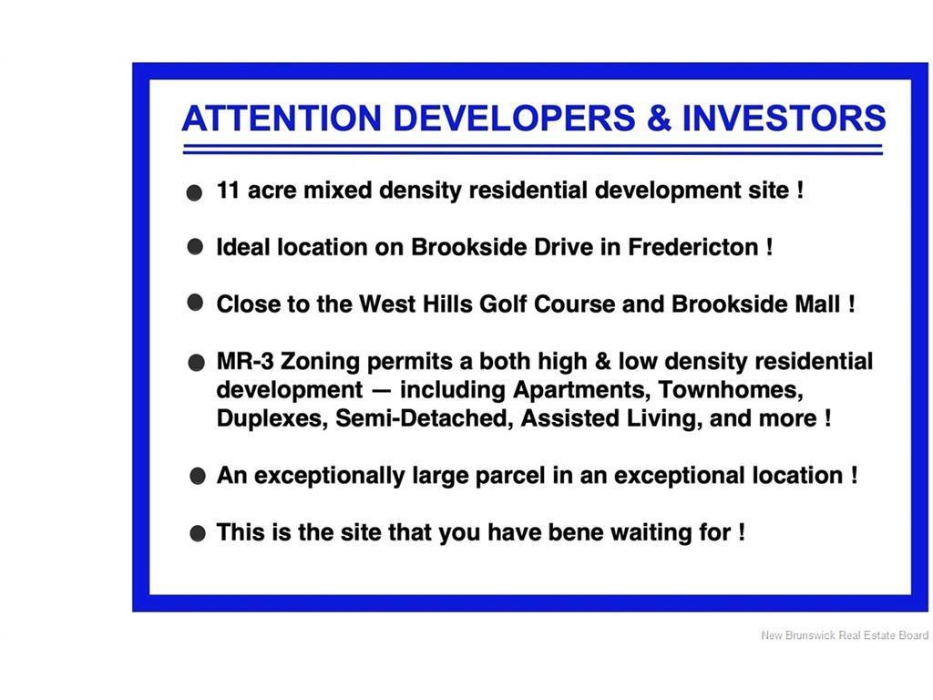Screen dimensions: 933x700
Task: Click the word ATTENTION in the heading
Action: point(282,118)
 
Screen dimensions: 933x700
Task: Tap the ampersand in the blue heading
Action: point(659,118)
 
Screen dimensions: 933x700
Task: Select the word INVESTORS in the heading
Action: point(784,118)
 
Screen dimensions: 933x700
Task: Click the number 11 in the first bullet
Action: point(228,190)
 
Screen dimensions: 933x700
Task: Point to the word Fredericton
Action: point(693,247)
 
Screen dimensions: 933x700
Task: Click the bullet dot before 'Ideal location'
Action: point(195,246)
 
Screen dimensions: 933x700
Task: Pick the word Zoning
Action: point(320,362)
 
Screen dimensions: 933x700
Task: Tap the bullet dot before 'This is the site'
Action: point(198,532)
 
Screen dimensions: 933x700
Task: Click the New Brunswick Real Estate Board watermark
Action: point(845,635)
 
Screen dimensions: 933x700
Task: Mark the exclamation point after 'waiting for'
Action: point(742,532)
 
